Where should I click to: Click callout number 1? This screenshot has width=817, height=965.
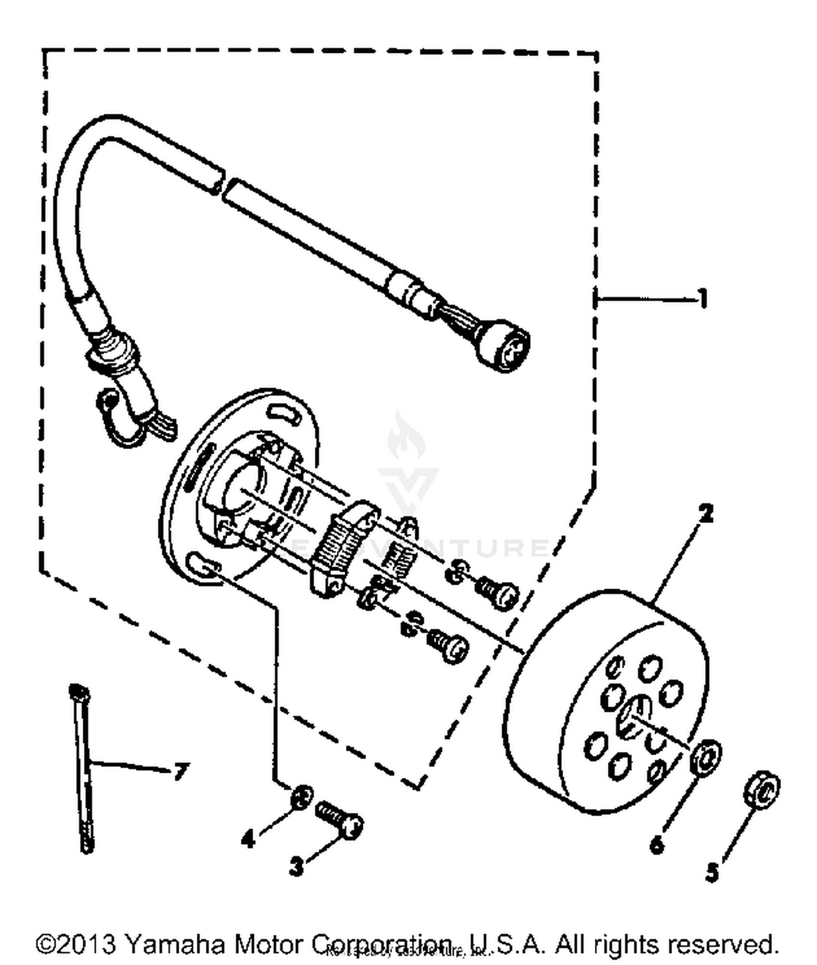(x=703, y=298)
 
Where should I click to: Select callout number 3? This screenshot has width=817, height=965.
(x=296, y=865)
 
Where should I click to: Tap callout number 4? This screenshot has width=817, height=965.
(x=248, y=839)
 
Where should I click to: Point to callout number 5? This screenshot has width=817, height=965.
(x=712, y=872)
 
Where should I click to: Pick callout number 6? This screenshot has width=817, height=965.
(x=657, y=844)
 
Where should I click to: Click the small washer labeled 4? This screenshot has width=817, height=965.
(x=301, y=798)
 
